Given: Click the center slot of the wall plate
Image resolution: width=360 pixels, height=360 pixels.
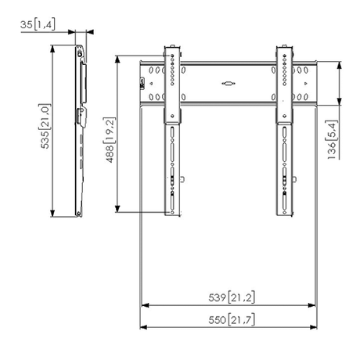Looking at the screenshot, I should (x=229, y=81).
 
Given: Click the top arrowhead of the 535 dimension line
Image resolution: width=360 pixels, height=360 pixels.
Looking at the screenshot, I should (x=52, y=47).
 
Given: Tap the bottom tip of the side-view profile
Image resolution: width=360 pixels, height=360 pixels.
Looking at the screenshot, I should (x=78, y=215).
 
